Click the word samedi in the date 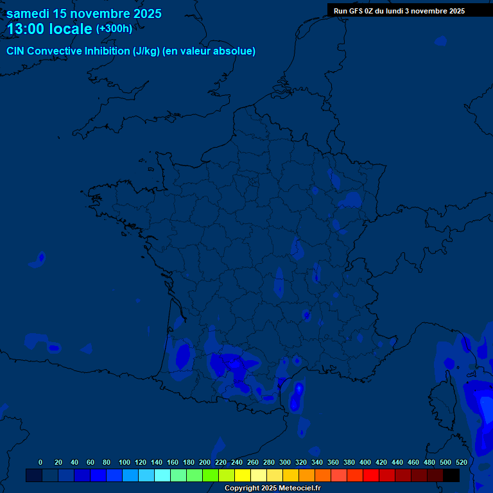tap(28, 13)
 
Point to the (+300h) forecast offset tap(114, 29)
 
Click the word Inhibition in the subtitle tap(107, 51)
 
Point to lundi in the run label tap(392, 11)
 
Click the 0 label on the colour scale tap(40, 462)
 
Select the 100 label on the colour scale tap(125, 462)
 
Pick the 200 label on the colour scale tap(205, 462)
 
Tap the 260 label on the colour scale tap(253, 462)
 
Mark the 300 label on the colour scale tap(285, 462)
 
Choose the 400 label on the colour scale tap(365, 462)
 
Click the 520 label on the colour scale tap(461, 462)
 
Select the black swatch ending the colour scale tap(451, 475)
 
